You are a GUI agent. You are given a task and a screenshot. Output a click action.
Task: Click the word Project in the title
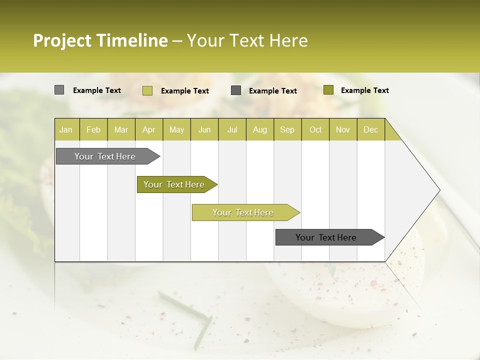[x=62, y=41]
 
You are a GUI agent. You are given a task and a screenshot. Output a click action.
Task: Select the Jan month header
[x=66, y=129]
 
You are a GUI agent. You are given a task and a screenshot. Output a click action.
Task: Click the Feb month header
[x=93, y=129]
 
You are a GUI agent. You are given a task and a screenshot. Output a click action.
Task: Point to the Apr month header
[x=148, y=129]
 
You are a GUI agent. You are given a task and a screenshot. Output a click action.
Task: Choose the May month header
[x=176, y=129]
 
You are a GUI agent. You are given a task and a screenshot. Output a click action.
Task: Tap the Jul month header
[x=232, y=129]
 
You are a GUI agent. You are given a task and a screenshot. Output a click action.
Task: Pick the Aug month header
[x=259, y=129]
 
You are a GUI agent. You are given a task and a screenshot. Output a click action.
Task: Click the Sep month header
[x=287, y=129]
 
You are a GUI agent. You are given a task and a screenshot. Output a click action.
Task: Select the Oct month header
[x=315, y=129]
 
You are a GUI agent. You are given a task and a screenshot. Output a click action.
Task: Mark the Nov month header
[x=343, y=129]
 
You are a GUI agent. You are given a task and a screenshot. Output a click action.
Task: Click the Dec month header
[x=370, y=129]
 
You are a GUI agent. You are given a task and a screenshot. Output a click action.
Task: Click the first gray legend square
[x=59, y=90]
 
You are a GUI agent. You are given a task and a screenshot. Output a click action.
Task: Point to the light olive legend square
[x=147, y=90]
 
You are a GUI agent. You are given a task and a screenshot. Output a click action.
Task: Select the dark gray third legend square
[x=236, y=90]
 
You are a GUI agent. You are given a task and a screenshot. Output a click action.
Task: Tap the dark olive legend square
[x=328, y=90]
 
